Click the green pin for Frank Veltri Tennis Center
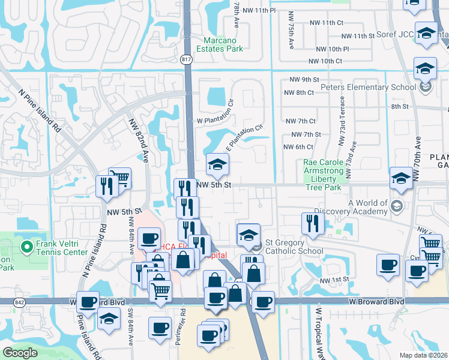pos(26,247)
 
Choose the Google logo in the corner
pos(20,352)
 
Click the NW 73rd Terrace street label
pos(341,130)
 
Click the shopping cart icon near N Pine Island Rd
pos(119,179)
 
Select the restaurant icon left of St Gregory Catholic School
pos(313,224)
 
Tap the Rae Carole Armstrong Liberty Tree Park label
pos(323,175)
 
